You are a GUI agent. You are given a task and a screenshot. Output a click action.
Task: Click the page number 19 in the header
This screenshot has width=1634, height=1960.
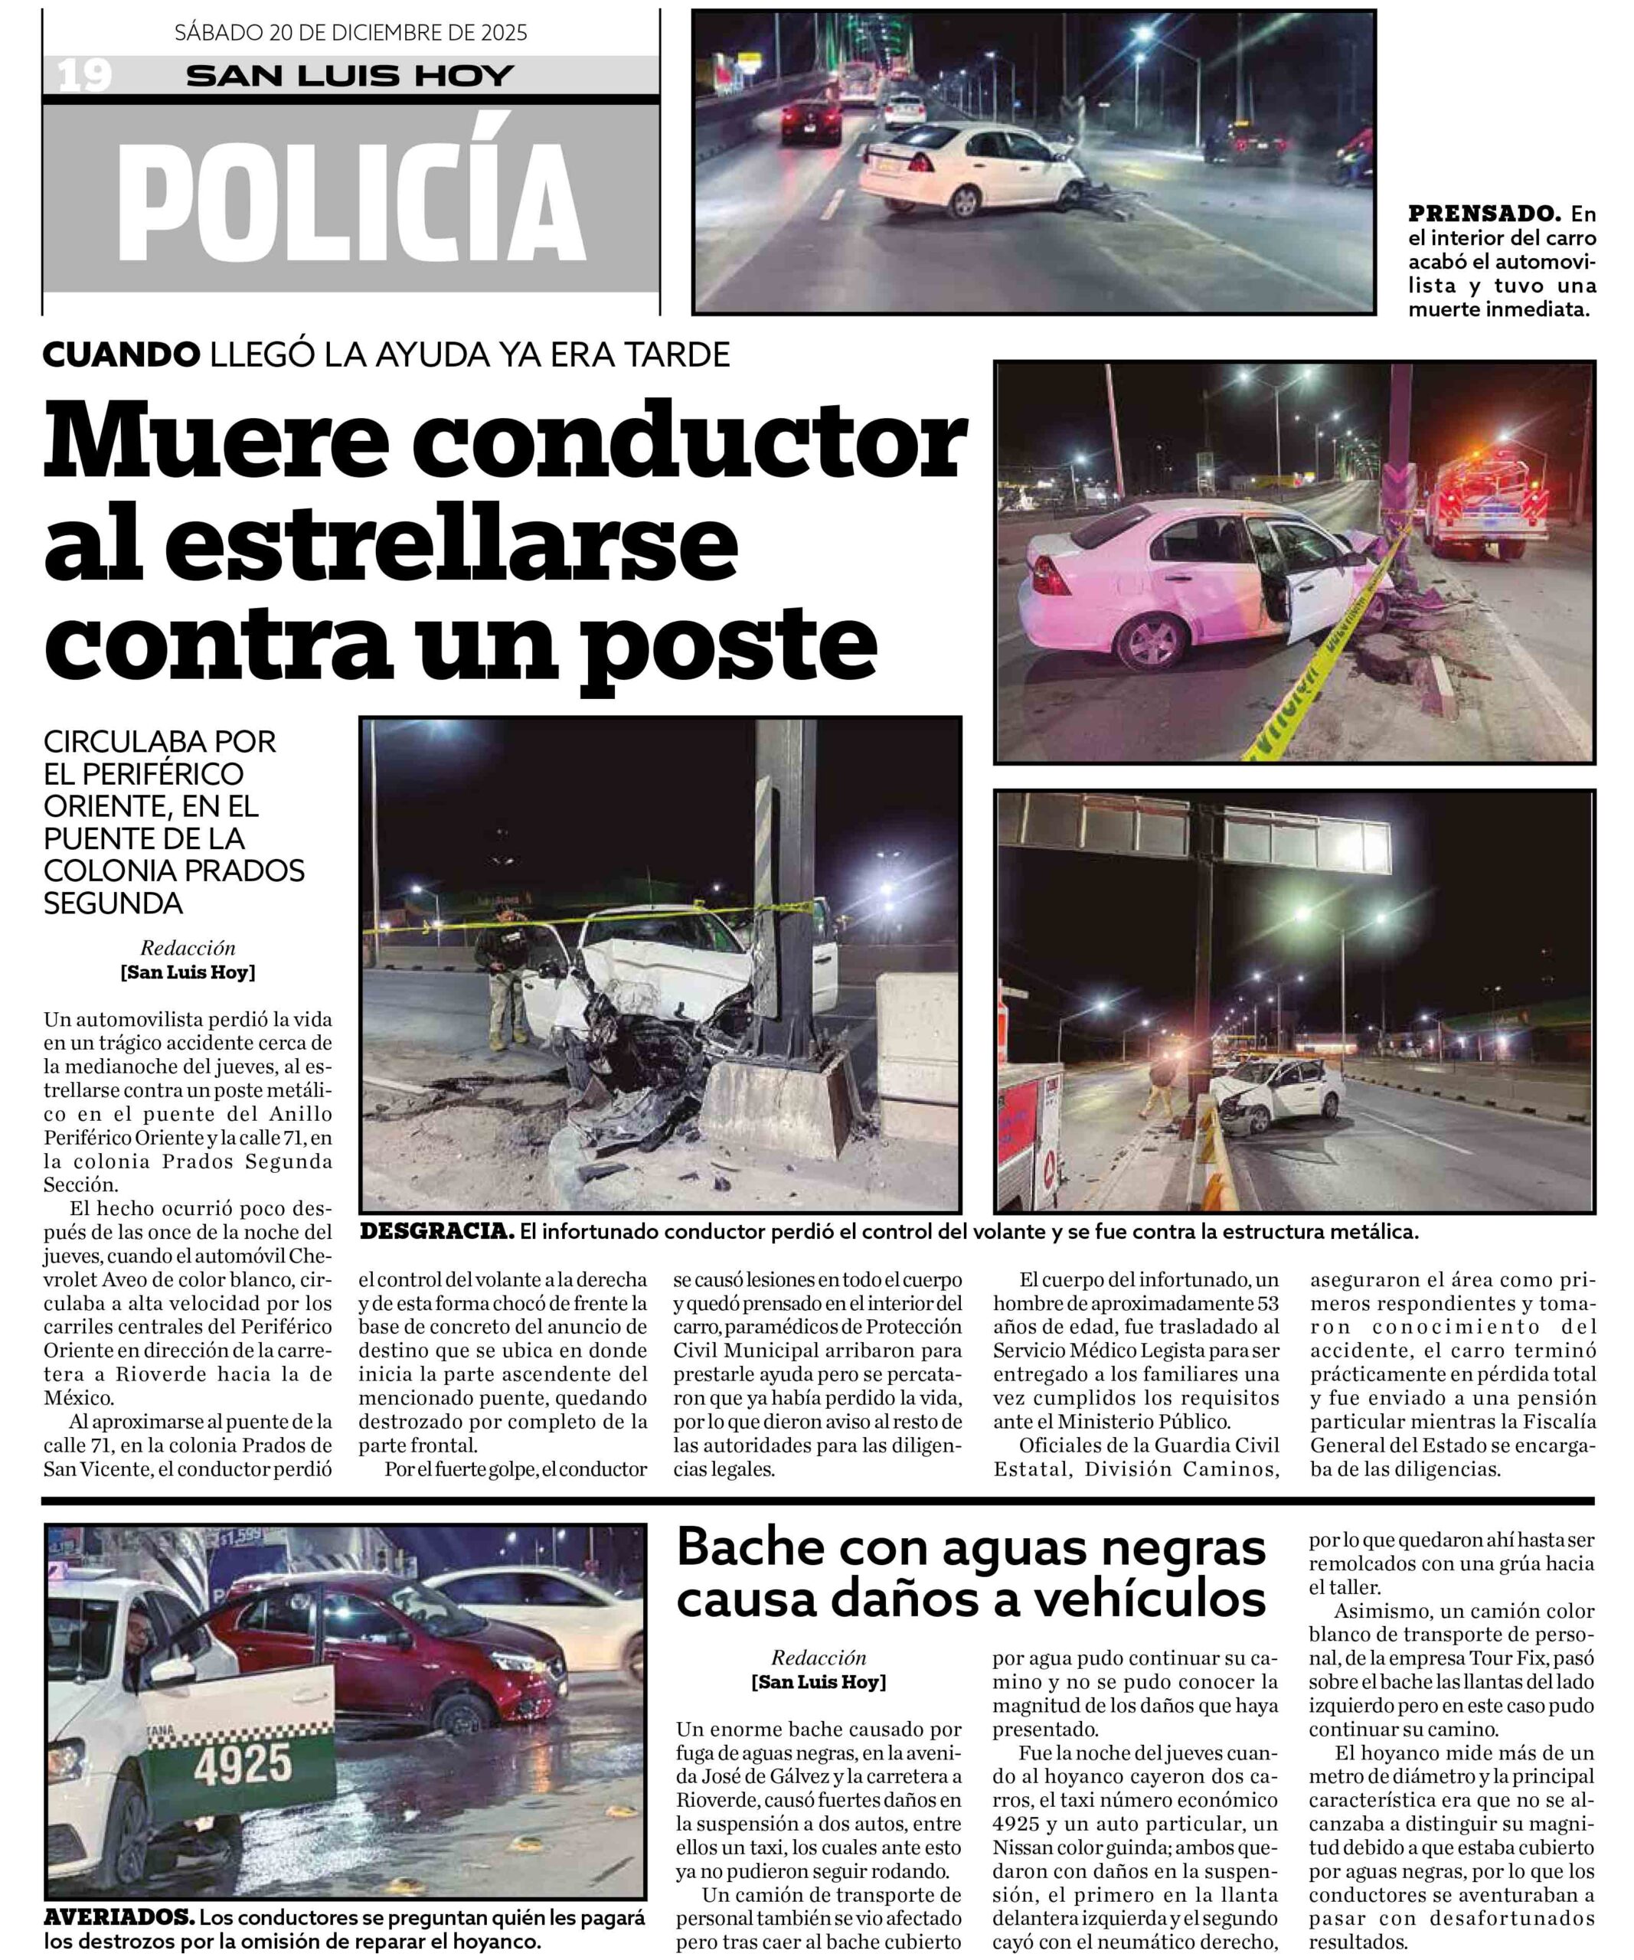coord(85,75)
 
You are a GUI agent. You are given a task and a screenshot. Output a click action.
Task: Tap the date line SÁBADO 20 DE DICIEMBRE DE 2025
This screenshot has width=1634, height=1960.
coord(351,33)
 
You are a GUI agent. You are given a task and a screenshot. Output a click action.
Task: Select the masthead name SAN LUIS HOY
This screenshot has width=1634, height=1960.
coord(350,76)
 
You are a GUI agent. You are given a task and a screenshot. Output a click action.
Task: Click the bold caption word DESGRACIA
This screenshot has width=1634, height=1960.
coord(436,1232)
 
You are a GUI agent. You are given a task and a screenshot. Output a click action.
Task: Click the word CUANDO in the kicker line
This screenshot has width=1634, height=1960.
coord(121,354)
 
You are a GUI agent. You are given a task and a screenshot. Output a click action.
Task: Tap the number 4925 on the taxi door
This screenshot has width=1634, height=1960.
coord(243,1763)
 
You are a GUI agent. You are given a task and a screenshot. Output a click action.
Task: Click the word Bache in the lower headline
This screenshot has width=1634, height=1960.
coord(750,1548)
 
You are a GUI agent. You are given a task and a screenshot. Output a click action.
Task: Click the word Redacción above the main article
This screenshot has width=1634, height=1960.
coord(188,949)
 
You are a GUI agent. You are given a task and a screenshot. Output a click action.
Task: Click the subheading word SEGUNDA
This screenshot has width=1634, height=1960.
coord(114,903)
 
